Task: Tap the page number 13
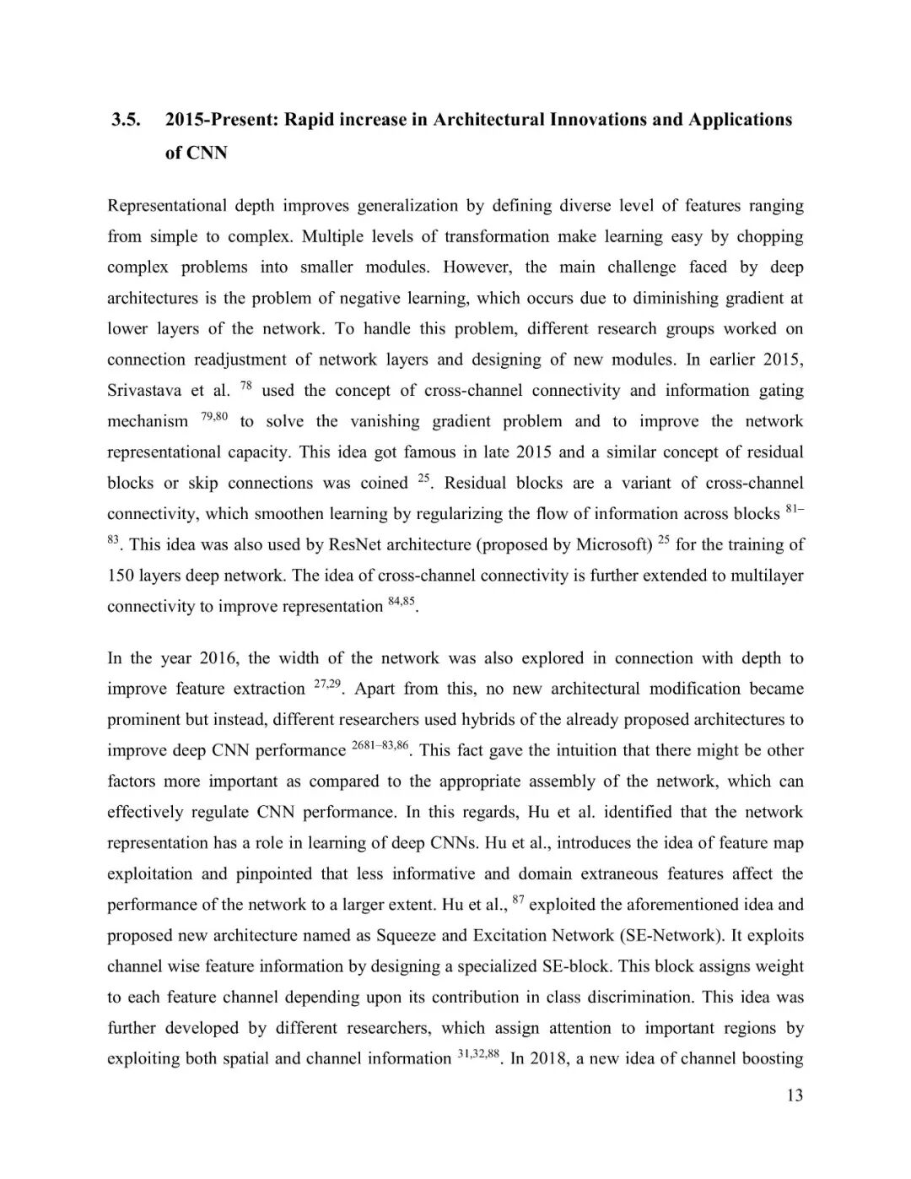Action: (x=794, y=1095)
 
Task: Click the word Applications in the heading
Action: (x=740, y=120)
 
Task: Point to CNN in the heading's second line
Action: (x=207, y=153)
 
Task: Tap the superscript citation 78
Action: (x=246, y=386)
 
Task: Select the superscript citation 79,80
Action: (x=214, y=416)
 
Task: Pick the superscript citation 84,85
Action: (x=402, y=602)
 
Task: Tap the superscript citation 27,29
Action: (x=326, y=684)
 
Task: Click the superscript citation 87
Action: (x=519, y=900)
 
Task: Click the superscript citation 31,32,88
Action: (x=478, y=1054)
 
